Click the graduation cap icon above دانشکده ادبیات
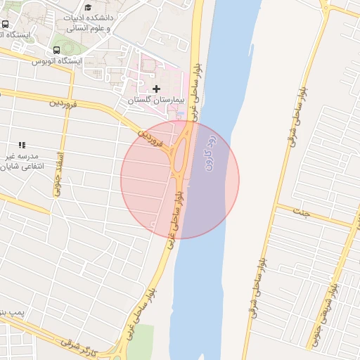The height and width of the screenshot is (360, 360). click(88, 6)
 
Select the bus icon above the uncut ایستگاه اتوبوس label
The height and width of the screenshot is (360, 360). click(56, 50)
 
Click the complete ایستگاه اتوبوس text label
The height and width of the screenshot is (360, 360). click(57, 61)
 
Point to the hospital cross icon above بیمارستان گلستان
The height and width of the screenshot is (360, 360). click(156, 89)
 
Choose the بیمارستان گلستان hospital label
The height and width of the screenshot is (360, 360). click(155, 101)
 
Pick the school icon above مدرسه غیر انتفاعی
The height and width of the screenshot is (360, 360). click(22, 145)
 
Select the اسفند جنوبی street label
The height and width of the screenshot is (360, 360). click(60, 169)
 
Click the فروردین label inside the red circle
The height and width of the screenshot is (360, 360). click(151, 136)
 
